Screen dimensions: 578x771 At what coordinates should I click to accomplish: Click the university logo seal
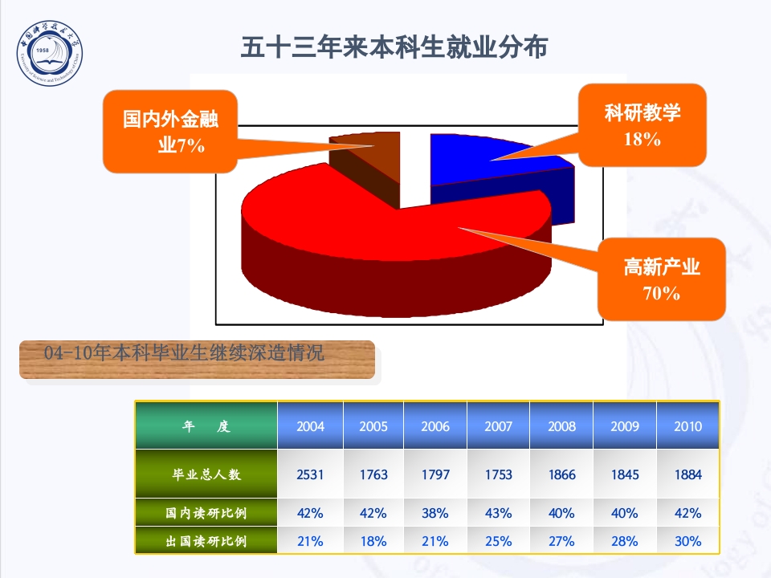click(x=50, y=55)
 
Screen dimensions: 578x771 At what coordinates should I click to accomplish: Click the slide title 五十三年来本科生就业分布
click(x=394, y=47)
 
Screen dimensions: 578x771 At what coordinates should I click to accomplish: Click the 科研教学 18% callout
click(x=642, y=125)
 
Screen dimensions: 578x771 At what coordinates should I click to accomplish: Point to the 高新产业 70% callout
click(x=662, y=279)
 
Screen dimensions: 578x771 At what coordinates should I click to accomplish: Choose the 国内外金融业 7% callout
click(x=171, y=132)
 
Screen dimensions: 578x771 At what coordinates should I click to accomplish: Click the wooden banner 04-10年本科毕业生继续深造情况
click(x=197, y=359)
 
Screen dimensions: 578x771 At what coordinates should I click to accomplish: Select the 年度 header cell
click(x=206, y=426)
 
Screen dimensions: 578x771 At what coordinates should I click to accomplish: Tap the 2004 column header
click(x=310, y=426)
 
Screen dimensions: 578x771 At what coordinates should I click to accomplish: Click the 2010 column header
click(x=687, y=426)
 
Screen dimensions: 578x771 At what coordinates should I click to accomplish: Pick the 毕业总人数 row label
click(x=206, y=474)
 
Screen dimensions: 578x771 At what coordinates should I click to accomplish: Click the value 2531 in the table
click(x=310, y=474)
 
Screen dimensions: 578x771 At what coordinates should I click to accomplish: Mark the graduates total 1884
click(x=687, y=474)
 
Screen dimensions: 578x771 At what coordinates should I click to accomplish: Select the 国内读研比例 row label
click(x=206, y=513)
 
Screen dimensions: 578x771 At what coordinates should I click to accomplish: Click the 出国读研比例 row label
click(x=206, y=541)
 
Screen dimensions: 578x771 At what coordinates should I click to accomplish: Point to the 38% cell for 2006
click(x=435, y=513)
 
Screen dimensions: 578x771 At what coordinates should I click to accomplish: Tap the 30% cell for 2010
click(x=687, y=541)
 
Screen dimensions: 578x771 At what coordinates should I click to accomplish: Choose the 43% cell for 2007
click(x=498, y=513)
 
